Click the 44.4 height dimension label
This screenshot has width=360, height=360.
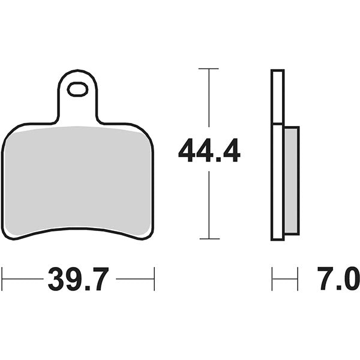[x=209, y=151]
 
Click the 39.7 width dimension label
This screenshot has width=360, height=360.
[x=78, y=279]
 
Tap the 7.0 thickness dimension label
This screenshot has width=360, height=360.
[x=338, y=278]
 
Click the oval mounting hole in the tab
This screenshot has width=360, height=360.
[x=77, y=89]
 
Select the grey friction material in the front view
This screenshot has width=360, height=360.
[x=77, y=181]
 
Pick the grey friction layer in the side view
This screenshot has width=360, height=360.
[x=292, y=181]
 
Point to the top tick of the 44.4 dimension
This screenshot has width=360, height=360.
[x=208, y=68]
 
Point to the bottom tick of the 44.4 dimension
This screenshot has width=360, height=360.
[x=209, y=239]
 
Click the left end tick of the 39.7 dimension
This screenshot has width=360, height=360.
[x=2, y=279]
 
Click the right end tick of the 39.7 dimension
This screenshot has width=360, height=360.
[x=154, y=279]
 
